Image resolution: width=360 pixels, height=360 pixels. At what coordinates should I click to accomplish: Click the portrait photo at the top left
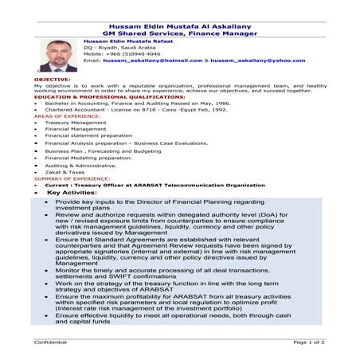[58, 55]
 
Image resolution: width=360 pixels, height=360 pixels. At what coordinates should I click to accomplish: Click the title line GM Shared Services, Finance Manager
[179, 33]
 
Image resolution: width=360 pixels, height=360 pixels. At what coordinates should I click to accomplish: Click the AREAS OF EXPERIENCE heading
[68, 115]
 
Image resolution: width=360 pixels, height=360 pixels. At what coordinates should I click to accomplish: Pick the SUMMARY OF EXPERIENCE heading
[72, 179]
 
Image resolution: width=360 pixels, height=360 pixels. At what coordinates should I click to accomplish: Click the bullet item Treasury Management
[75, 123]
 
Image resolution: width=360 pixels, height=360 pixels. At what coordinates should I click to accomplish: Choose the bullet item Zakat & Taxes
[65, 172]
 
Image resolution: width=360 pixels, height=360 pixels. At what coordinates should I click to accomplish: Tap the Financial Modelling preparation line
[88, 158]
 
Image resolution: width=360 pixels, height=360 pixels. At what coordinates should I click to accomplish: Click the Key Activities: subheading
[72, 193]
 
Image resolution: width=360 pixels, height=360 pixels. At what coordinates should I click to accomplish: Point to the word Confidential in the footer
[51, 341]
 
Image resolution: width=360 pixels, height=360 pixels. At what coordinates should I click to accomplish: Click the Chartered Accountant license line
[136, 109]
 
